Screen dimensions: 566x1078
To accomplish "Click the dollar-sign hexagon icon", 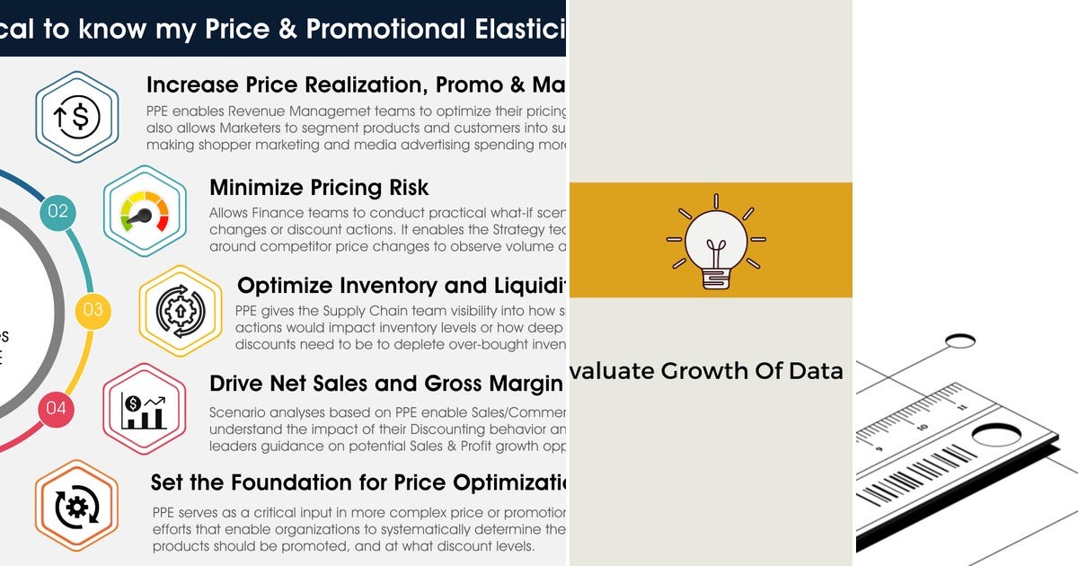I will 77,117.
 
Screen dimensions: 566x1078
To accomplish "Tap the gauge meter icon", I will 145,212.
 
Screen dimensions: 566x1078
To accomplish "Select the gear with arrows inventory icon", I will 180,310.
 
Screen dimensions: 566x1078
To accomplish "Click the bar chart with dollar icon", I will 145,409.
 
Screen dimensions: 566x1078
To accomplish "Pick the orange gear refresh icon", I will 76,507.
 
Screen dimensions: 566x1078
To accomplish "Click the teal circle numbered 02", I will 57,212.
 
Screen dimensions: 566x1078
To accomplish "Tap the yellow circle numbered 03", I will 93,310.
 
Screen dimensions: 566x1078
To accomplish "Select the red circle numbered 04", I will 56,409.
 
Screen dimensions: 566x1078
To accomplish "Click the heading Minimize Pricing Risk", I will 319,188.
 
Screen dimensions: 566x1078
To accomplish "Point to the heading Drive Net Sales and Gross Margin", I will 385,384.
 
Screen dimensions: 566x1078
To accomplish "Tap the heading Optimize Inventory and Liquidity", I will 401,286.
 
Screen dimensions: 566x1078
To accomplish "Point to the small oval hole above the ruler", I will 960,340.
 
